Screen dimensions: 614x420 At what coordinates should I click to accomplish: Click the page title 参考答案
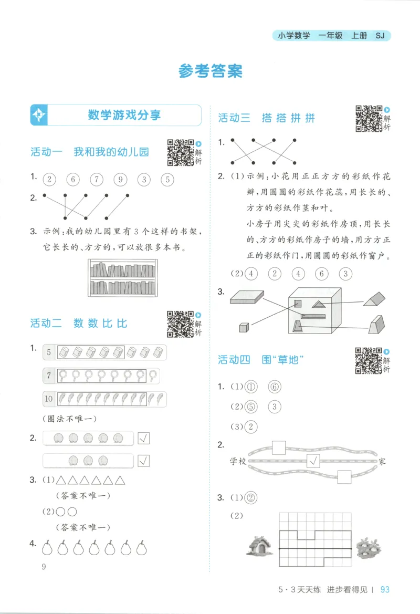[x=210, y=71]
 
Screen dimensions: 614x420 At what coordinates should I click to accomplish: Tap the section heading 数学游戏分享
[x=124, y=115]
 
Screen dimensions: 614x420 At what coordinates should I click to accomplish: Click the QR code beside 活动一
[x=180, y=152]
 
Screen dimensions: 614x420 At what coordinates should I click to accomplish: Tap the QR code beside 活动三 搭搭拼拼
[x=369, y=118]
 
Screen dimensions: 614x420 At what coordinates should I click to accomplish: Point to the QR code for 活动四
[x=369, y=360]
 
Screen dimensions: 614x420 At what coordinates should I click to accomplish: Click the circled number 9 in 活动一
[x=120, y=180]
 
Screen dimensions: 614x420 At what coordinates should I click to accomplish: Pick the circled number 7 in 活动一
[x=96, y=180]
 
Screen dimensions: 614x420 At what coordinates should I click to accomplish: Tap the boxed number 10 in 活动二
[x=49, y=399]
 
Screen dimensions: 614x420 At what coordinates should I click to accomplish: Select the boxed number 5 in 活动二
[x=49, y=352]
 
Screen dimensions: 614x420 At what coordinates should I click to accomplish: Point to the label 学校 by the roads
[x=238, y=462]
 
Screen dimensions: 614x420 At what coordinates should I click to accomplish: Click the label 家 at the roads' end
[x=382, y=462]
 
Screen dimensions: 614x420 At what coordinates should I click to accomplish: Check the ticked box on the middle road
[x=313, y=462]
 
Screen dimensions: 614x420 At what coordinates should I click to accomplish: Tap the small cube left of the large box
[x=244, y=327]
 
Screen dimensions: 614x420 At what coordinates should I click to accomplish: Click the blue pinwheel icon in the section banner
[x=39, y=115]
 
